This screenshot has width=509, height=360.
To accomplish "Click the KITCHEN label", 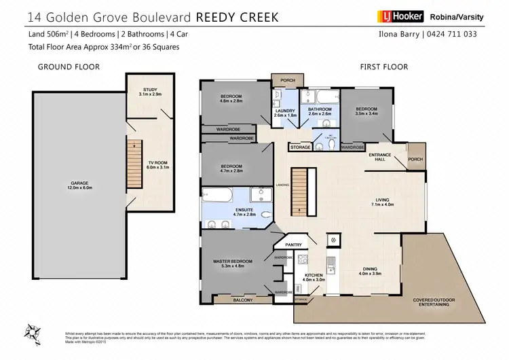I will point(314,276).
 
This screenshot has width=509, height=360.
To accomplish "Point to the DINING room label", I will point(370,272).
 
